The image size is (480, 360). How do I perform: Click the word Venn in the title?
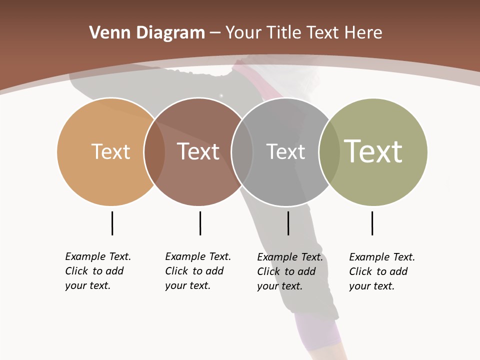(x=106, y=33)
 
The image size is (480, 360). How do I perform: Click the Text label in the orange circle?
(x=110, y=151)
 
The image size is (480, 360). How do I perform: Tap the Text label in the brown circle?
(x=198, y=151)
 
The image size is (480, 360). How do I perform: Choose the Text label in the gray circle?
(x=285, y=151)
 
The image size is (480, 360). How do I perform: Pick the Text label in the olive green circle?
(x=373, y=151)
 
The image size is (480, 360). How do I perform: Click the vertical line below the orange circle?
(x=112, y=223)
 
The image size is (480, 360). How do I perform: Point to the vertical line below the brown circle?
(x=200, y=223)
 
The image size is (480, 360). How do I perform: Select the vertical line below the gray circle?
(x=288, y=223)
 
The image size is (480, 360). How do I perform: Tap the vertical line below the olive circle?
(x=372, y=223)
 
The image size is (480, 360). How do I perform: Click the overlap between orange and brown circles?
(x=154, y=151)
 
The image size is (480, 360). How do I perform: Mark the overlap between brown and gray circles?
(x=242, y=151)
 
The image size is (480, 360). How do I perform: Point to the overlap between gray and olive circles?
(x=329, y=151)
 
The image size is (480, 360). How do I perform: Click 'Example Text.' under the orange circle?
(x=98, y=256)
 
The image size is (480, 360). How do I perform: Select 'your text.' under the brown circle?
(x=187, y=285)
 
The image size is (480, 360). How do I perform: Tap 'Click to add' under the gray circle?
(x=286, y=271)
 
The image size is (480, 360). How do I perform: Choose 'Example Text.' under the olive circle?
(x=382, y=257)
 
